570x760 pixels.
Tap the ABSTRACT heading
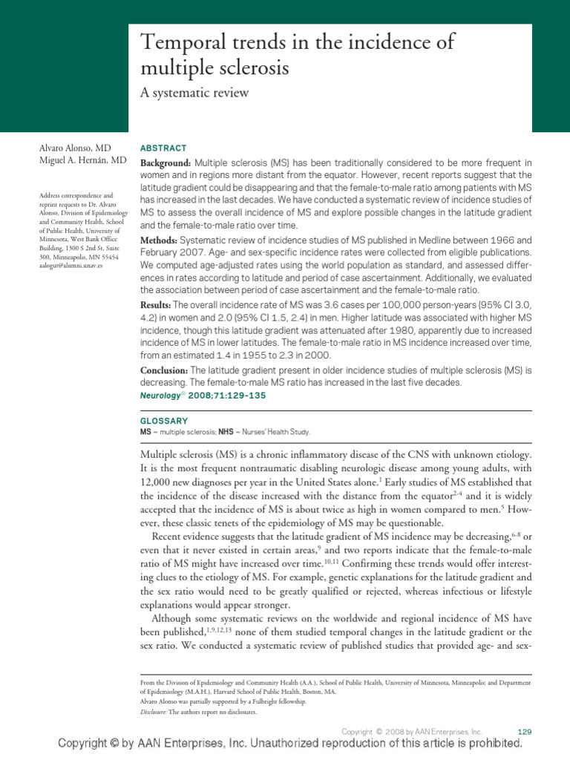(x=163, y=148)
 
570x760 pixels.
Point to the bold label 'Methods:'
(x=158, y=240)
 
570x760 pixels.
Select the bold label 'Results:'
(x=157, y=306)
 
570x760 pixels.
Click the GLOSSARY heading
(x=164, y=421)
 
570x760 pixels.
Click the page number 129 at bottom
(x=523, y=732)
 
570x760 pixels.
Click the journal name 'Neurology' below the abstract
(x=161, y=396)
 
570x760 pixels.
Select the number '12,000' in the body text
(x=157, y=481)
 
